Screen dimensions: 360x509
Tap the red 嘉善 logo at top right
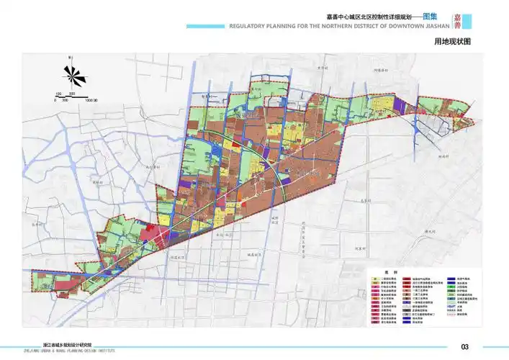[x=458, y=22]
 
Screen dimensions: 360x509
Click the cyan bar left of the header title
[x=205, y=27]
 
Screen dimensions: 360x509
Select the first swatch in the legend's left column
[x=375, y=279]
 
